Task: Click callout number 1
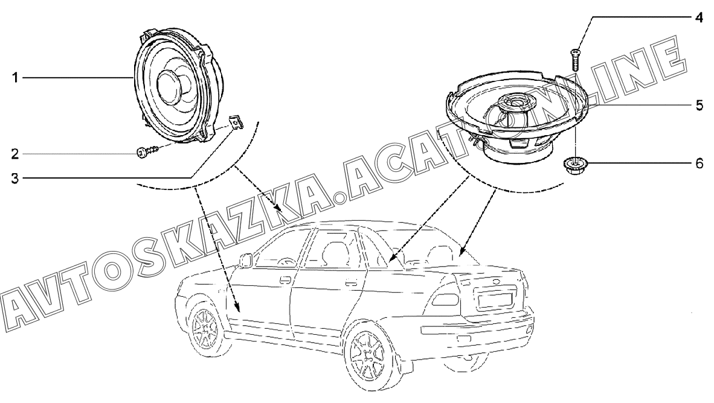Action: [x=5, y=78]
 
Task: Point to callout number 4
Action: [x=698, y=17]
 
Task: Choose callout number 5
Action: [x=698, y=105]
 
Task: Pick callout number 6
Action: [x=698, y=163]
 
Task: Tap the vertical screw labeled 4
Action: [x=576, y=60]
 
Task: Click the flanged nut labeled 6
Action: [x=575, y=163]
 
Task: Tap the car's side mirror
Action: [x=246, y=261]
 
